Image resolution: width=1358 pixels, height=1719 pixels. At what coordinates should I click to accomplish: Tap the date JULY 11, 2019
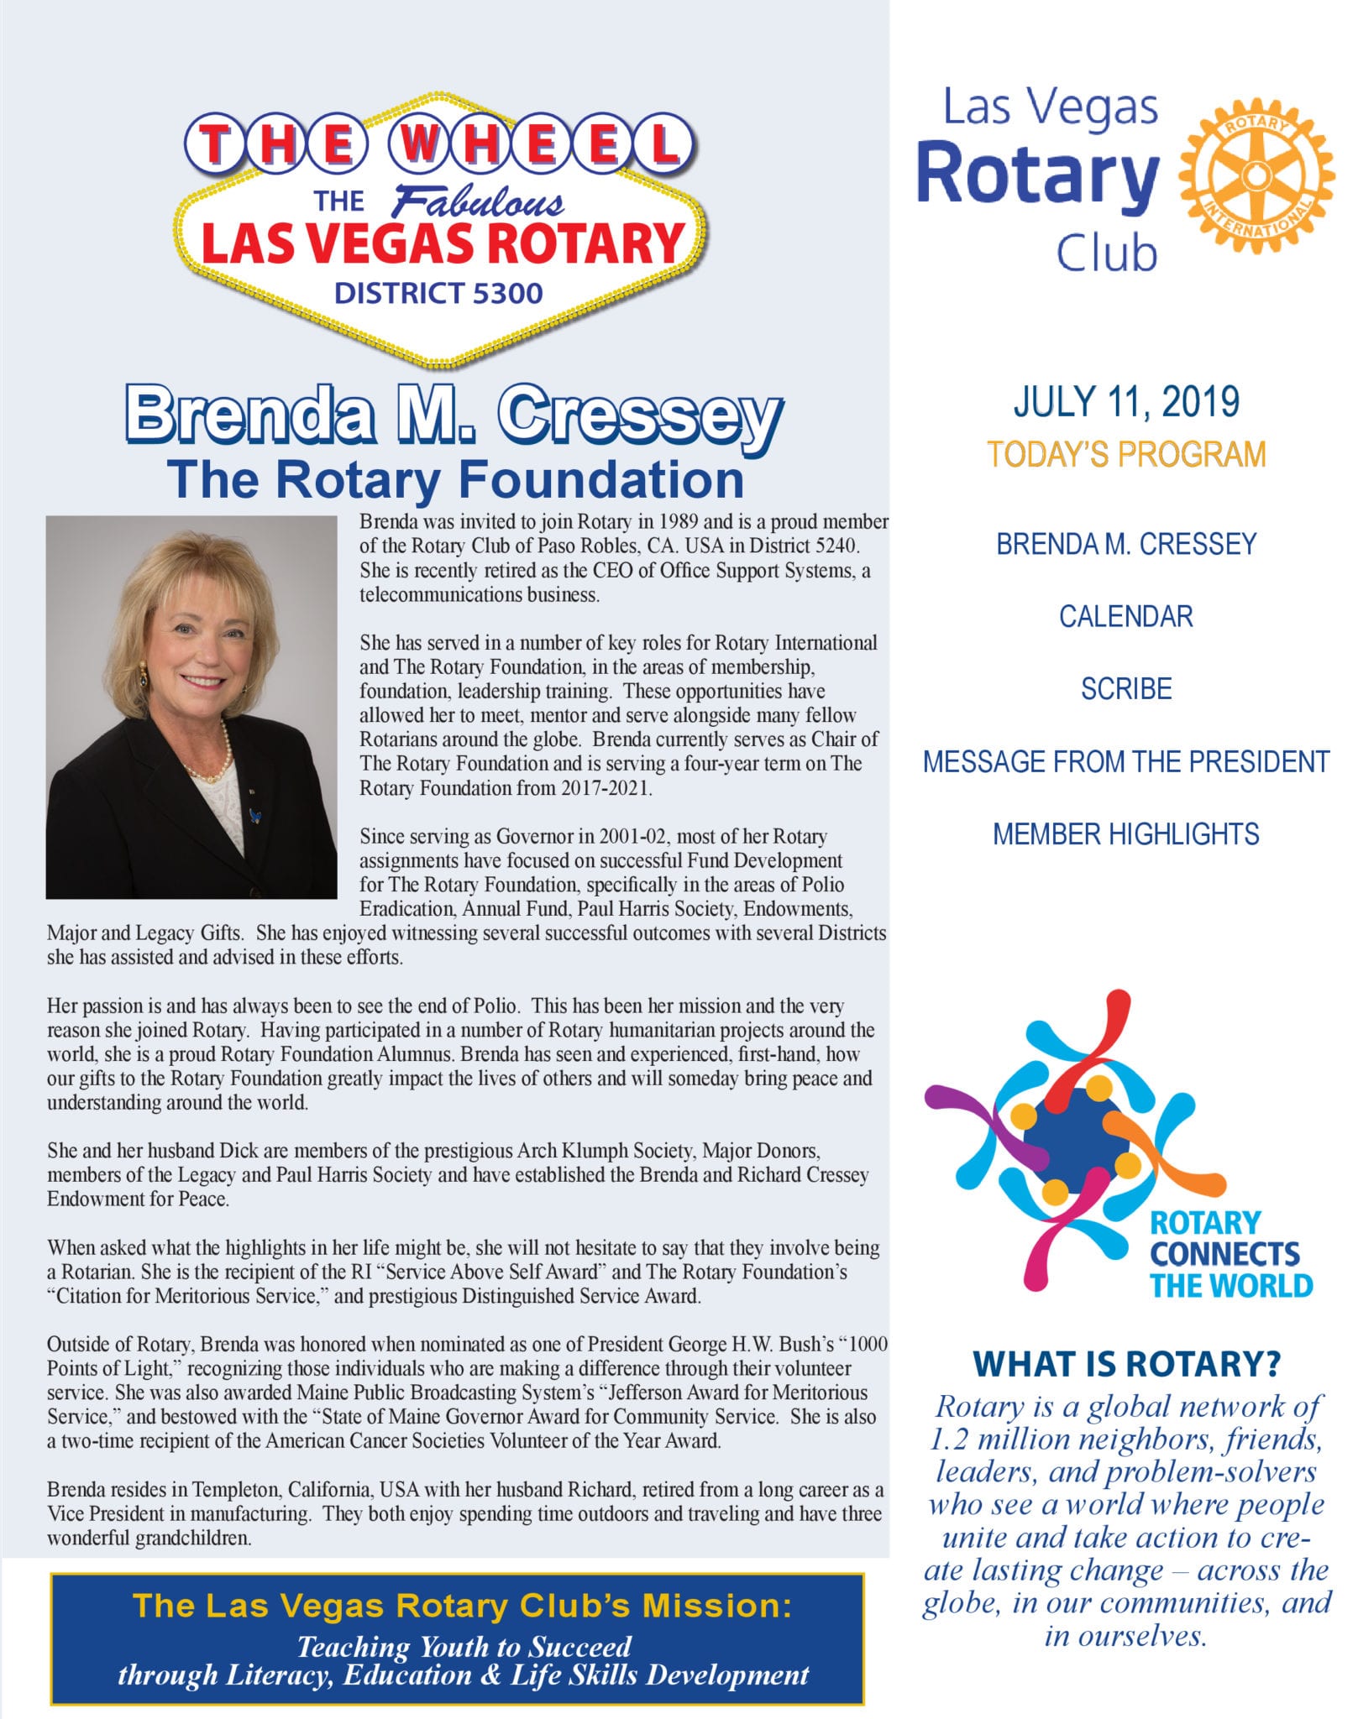coord(1125,402)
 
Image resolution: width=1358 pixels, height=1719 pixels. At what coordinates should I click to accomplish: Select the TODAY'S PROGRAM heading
coord(1125,454)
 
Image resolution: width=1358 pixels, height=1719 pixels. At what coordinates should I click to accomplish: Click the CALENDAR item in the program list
coord(1125,617)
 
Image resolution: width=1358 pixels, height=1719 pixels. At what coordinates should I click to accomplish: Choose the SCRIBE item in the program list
coord(1125,689)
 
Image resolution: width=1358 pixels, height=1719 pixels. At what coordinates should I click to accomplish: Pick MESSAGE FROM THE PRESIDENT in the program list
coord(1125,762)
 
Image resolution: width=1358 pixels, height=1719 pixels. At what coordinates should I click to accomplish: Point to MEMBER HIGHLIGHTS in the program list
coord(1125,834)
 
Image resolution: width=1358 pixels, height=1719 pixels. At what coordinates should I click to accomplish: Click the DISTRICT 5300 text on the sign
coord(438,293)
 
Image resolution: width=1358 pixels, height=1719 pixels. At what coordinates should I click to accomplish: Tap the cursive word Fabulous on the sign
coord(480,202)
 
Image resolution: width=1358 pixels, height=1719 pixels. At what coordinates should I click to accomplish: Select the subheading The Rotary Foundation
coord(455,479)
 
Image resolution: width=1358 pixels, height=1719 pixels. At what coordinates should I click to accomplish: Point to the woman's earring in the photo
coord(142,672)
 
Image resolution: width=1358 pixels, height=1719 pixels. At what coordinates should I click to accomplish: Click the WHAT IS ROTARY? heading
coord(1125,1365)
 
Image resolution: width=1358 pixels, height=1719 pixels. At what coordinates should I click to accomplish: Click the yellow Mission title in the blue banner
coord(462,1606)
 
